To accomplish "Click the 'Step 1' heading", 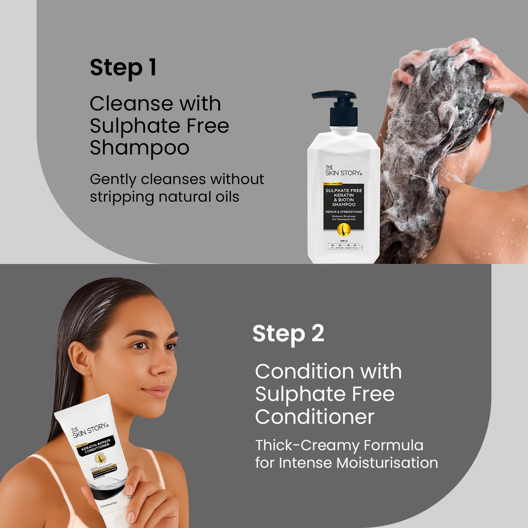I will coord(123,68).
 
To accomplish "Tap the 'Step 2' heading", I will coord(288,333).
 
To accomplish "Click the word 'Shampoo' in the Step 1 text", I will coord(139,148).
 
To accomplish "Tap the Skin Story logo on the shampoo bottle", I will coord(343,171).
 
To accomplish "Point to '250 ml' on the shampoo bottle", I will coord(344,241).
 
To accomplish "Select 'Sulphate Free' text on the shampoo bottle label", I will coord(344,190).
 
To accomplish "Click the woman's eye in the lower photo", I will coord(141,346).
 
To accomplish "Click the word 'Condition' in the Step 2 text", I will coord(304,371).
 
